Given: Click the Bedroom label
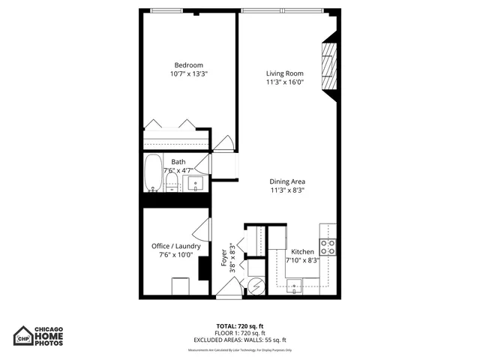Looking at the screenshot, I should (189, 65).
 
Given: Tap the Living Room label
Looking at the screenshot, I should (284, 73).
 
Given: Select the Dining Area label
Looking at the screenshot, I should (289, 181).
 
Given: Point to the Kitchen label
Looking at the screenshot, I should (303, 252).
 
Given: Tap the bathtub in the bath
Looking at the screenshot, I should (152, 172).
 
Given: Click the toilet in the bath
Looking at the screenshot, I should (172, 183).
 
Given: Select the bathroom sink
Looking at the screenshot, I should (197, 183).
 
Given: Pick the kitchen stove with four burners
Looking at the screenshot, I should (328, 247).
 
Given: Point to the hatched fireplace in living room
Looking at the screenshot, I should (328, 65).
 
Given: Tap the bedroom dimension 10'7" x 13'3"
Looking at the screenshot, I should (189, 74).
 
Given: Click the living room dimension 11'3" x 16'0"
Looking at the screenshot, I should (284, 82).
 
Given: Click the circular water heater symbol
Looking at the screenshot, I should (256, 286).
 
